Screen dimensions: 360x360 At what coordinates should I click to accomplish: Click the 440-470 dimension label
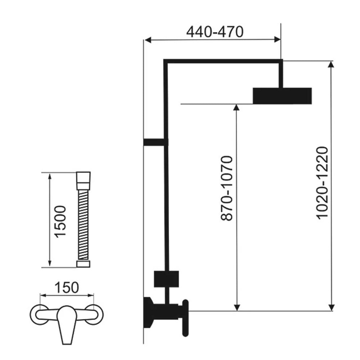tap(215, 32)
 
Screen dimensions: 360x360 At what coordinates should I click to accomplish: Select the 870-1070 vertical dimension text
tap(227, 188)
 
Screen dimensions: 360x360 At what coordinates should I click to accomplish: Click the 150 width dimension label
tap(67, 287)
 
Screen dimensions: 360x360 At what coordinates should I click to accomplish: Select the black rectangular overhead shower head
tap(282, 96)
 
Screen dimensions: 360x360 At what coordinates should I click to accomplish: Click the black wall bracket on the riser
tap(156, 142)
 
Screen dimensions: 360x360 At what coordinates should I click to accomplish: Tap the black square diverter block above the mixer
tap(166, 279)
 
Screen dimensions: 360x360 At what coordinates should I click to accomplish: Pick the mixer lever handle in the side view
tap(185, 318)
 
